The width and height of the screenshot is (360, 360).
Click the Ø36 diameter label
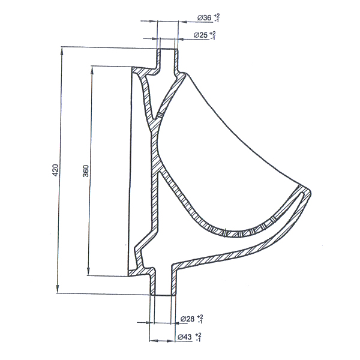204,18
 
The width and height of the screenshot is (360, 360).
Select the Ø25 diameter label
200,35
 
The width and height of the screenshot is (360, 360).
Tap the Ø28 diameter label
187,319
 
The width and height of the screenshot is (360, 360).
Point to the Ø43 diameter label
185,337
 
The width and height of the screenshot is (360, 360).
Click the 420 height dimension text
56,170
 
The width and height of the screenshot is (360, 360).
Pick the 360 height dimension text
85,170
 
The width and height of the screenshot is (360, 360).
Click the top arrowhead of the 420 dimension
62,51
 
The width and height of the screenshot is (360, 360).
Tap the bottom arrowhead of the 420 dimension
58,289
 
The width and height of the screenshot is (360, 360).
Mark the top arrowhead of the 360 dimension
92,70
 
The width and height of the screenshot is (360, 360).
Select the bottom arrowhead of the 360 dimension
88,271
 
